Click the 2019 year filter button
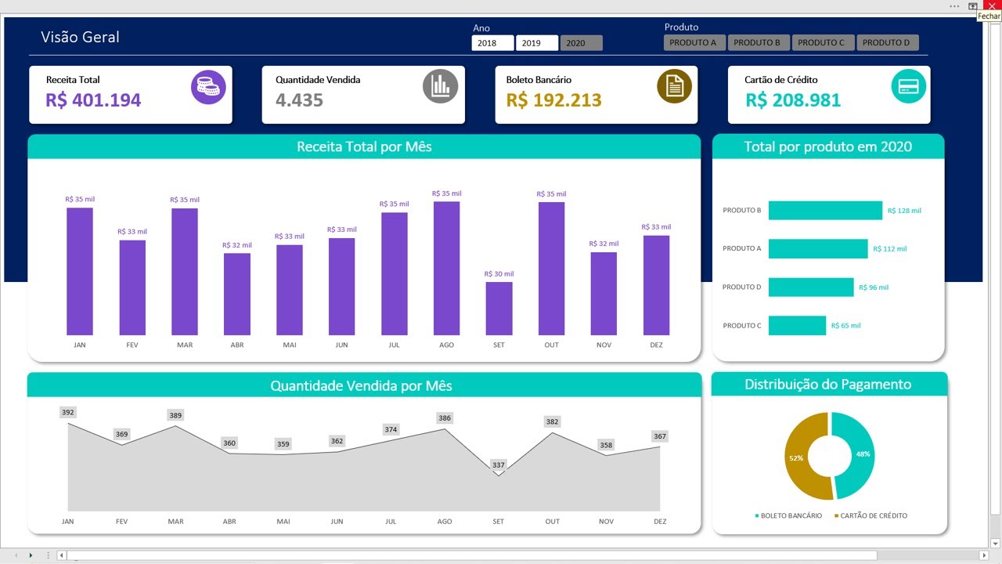click(536, 43)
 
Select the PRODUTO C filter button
click(823, 43)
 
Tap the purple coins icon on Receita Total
click(208, 86)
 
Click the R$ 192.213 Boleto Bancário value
click(553, 100)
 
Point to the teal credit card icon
click(908, 85)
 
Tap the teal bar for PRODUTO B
click(824, 211)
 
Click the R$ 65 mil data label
click(845, 326)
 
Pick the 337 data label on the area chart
click(498, 465)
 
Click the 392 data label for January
click(68, 413)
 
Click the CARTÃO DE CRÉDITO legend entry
click(870, 515)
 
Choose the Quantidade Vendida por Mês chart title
click(361, 385)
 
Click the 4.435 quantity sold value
click(299, 100)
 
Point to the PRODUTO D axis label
click(741, 287)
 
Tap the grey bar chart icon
click(440, 86)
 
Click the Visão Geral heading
click(80, 38)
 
